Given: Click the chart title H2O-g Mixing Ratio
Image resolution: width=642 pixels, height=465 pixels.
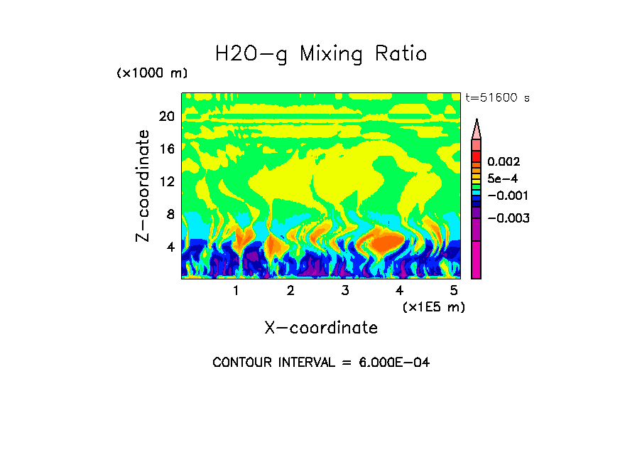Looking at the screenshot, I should point(321,54).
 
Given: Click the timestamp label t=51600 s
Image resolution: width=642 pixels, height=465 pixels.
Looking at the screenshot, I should point(497,98).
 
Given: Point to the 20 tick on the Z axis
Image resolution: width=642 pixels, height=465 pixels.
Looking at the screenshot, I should point(166,117).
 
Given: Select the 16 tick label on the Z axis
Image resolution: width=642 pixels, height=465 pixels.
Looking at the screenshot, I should point(166,149).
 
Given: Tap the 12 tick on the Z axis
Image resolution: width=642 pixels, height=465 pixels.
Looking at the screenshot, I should point(166,182).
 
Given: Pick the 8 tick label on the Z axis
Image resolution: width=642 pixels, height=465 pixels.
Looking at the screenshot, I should point(170,215).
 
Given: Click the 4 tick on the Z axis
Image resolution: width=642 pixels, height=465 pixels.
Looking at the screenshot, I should point(170,247).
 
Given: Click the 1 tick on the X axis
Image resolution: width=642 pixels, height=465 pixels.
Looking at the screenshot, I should point(236,290).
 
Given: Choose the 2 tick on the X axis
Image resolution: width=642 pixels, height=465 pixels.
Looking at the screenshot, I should point(290,290).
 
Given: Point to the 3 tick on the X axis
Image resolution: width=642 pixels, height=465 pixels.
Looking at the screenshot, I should point(345,290).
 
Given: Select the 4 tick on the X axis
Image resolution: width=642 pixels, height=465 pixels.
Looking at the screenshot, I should point(399,290).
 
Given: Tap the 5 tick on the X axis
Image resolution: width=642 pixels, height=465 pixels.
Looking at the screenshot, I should point(454,290).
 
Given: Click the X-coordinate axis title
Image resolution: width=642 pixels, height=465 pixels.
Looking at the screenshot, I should point(321,328).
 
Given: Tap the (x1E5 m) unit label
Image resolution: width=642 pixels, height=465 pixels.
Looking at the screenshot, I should point(434,306).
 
